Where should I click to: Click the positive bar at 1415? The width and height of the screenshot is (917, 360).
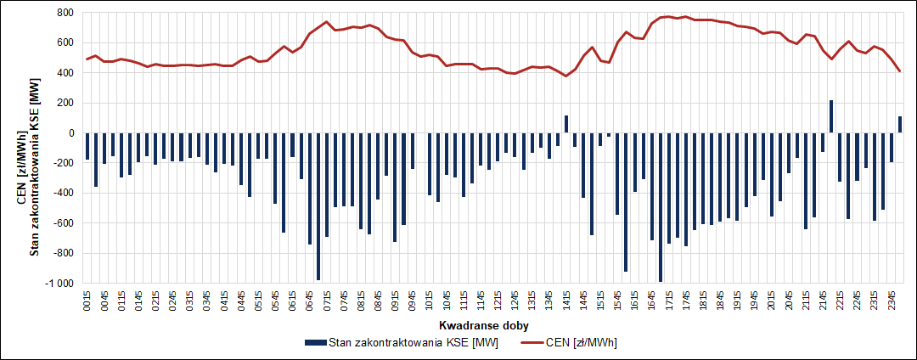(x=566, y=124)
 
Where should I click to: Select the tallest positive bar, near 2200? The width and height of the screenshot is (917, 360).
(x=831, y=116)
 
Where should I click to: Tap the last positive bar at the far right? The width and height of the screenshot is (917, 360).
(x=900, y=124)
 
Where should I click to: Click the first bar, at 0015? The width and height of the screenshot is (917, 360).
(x=87, y=146)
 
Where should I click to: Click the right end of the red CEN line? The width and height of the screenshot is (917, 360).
(x=900, y=71)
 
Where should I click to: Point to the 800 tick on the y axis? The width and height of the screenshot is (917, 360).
(x=66, y=13)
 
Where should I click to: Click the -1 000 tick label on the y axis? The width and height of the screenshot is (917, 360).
(x=61, y=283)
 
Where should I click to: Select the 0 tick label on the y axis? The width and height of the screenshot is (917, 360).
(x=72, y=133)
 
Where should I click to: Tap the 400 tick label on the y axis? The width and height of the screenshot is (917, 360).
(x=66, y=73)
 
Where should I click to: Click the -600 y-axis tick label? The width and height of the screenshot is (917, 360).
(x=64, y=223)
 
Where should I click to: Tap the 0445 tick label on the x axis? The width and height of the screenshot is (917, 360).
(x=241, y=302)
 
